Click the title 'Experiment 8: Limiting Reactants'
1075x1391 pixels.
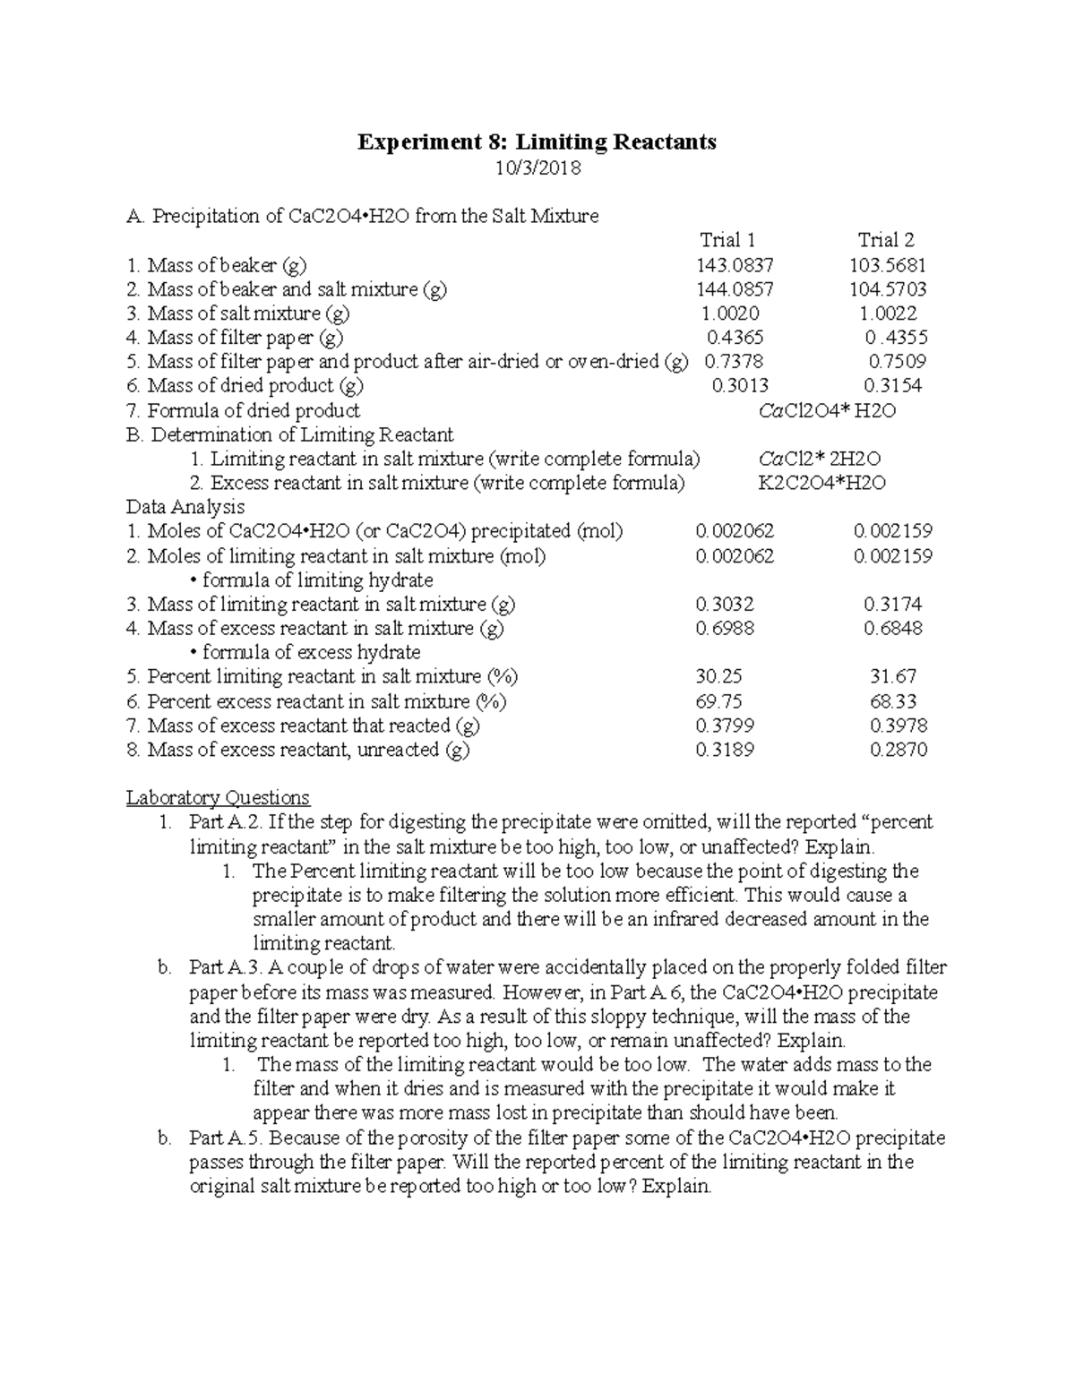tap(537, 142)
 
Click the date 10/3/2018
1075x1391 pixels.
tap(537, 167)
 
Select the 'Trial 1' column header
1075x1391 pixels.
tap(727, 240)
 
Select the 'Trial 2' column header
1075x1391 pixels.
tap(885, 240)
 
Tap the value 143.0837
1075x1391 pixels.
tap(735, 265)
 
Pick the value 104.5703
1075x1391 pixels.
tap(888, 289)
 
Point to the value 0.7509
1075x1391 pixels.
tap(897, 362)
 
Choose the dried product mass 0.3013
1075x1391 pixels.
tap(739, 386)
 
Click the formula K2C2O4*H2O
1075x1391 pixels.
tap(821, 483)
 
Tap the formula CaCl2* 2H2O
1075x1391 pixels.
tap(819, 459)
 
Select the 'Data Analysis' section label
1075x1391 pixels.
tap(185, 507)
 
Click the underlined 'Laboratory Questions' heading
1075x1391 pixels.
tap(218, 797)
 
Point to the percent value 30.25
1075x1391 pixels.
tap(718, 676)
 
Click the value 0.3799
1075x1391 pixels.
tap(724, 726)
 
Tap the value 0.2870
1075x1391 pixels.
tap(898, 750)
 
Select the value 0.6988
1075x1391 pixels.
tap(724, 629)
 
